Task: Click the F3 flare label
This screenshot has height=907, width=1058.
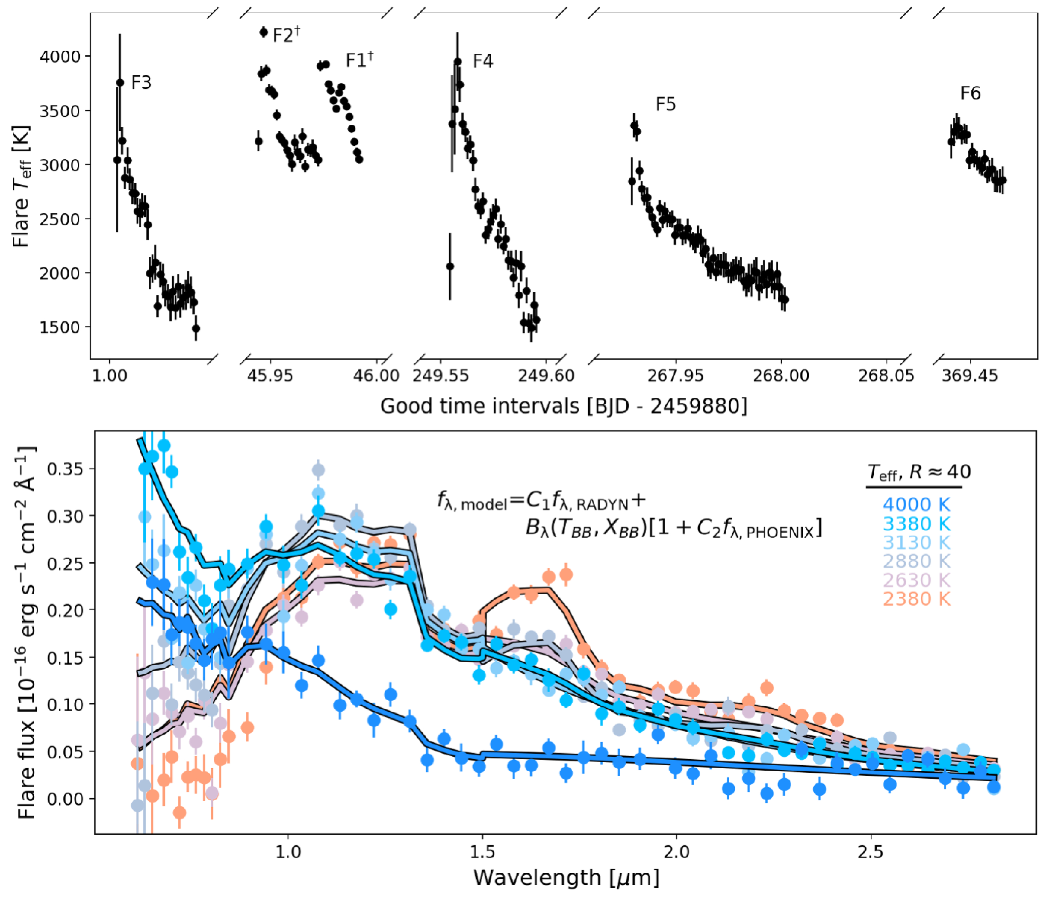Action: coord(141,82)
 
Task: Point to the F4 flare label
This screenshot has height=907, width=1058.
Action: coord(482,61)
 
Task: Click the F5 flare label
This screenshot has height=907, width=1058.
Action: coord(665,105)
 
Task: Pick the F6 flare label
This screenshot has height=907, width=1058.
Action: coord(970,93)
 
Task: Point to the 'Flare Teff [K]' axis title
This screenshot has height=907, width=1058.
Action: coord(22,186)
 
